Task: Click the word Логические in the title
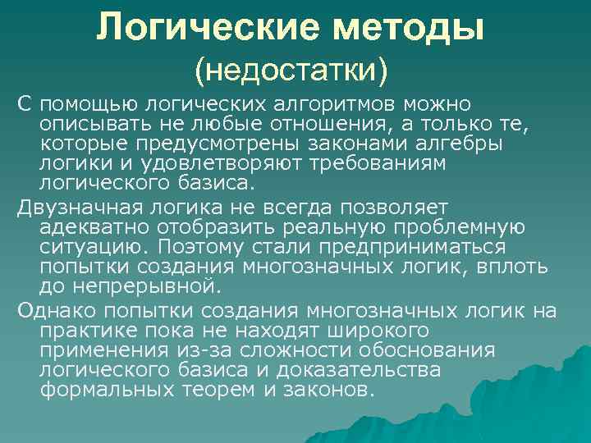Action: pyautogui.click(x=204, y=28)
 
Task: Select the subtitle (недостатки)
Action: pyautogui.click(x=290, y=69)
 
